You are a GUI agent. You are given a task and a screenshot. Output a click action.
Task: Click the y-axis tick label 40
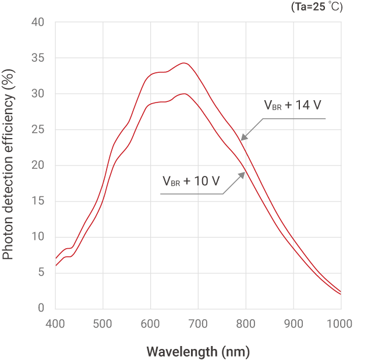[x=37, y=22]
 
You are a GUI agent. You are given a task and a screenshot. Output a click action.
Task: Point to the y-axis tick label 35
[x=37, y=58]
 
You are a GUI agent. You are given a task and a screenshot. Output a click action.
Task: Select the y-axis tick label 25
[x=37, y=129]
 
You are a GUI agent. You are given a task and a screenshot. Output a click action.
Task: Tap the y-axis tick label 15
[x=37, y=201]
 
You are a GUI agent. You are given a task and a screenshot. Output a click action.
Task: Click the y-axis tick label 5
[x=41, y=272]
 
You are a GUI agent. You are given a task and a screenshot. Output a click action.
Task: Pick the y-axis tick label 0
[x=41, y=308]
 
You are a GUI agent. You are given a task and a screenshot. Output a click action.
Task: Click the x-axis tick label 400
[x=55, y=323]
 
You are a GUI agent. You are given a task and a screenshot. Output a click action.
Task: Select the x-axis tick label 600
[x=150, y=323]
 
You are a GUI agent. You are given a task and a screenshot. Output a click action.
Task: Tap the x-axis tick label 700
[x=198, y=323]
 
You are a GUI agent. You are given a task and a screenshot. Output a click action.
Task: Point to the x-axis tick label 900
[x=293, y=323]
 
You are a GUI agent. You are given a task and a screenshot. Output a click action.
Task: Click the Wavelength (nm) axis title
[x=198, y=352]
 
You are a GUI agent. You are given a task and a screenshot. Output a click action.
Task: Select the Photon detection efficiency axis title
[x=9, y=165]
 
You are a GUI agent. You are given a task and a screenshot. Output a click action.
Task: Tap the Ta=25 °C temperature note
[x=316, y=7]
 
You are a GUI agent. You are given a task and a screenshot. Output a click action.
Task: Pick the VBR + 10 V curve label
[x=191, y=181]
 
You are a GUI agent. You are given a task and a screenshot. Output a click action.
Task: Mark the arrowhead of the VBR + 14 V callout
[x=243, y=139]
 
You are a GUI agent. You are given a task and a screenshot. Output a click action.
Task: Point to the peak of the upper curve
[x=184, y=63]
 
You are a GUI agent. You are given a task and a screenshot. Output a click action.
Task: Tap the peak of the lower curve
[x=184, y=93]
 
